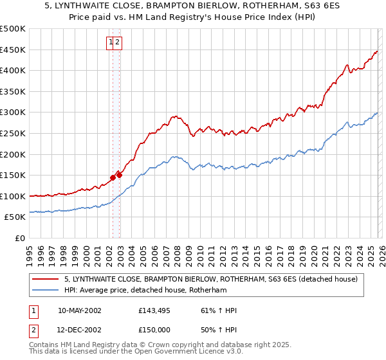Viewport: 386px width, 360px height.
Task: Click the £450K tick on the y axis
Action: [x=14, y=50]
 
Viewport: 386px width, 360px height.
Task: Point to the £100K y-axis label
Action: [x=14, y=196]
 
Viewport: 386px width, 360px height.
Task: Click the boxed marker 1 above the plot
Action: [x=111, y=42]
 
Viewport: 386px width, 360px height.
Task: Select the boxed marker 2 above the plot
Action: [x=119, y=42]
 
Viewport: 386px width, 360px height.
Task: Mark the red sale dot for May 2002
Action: [x=113, y=177]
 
